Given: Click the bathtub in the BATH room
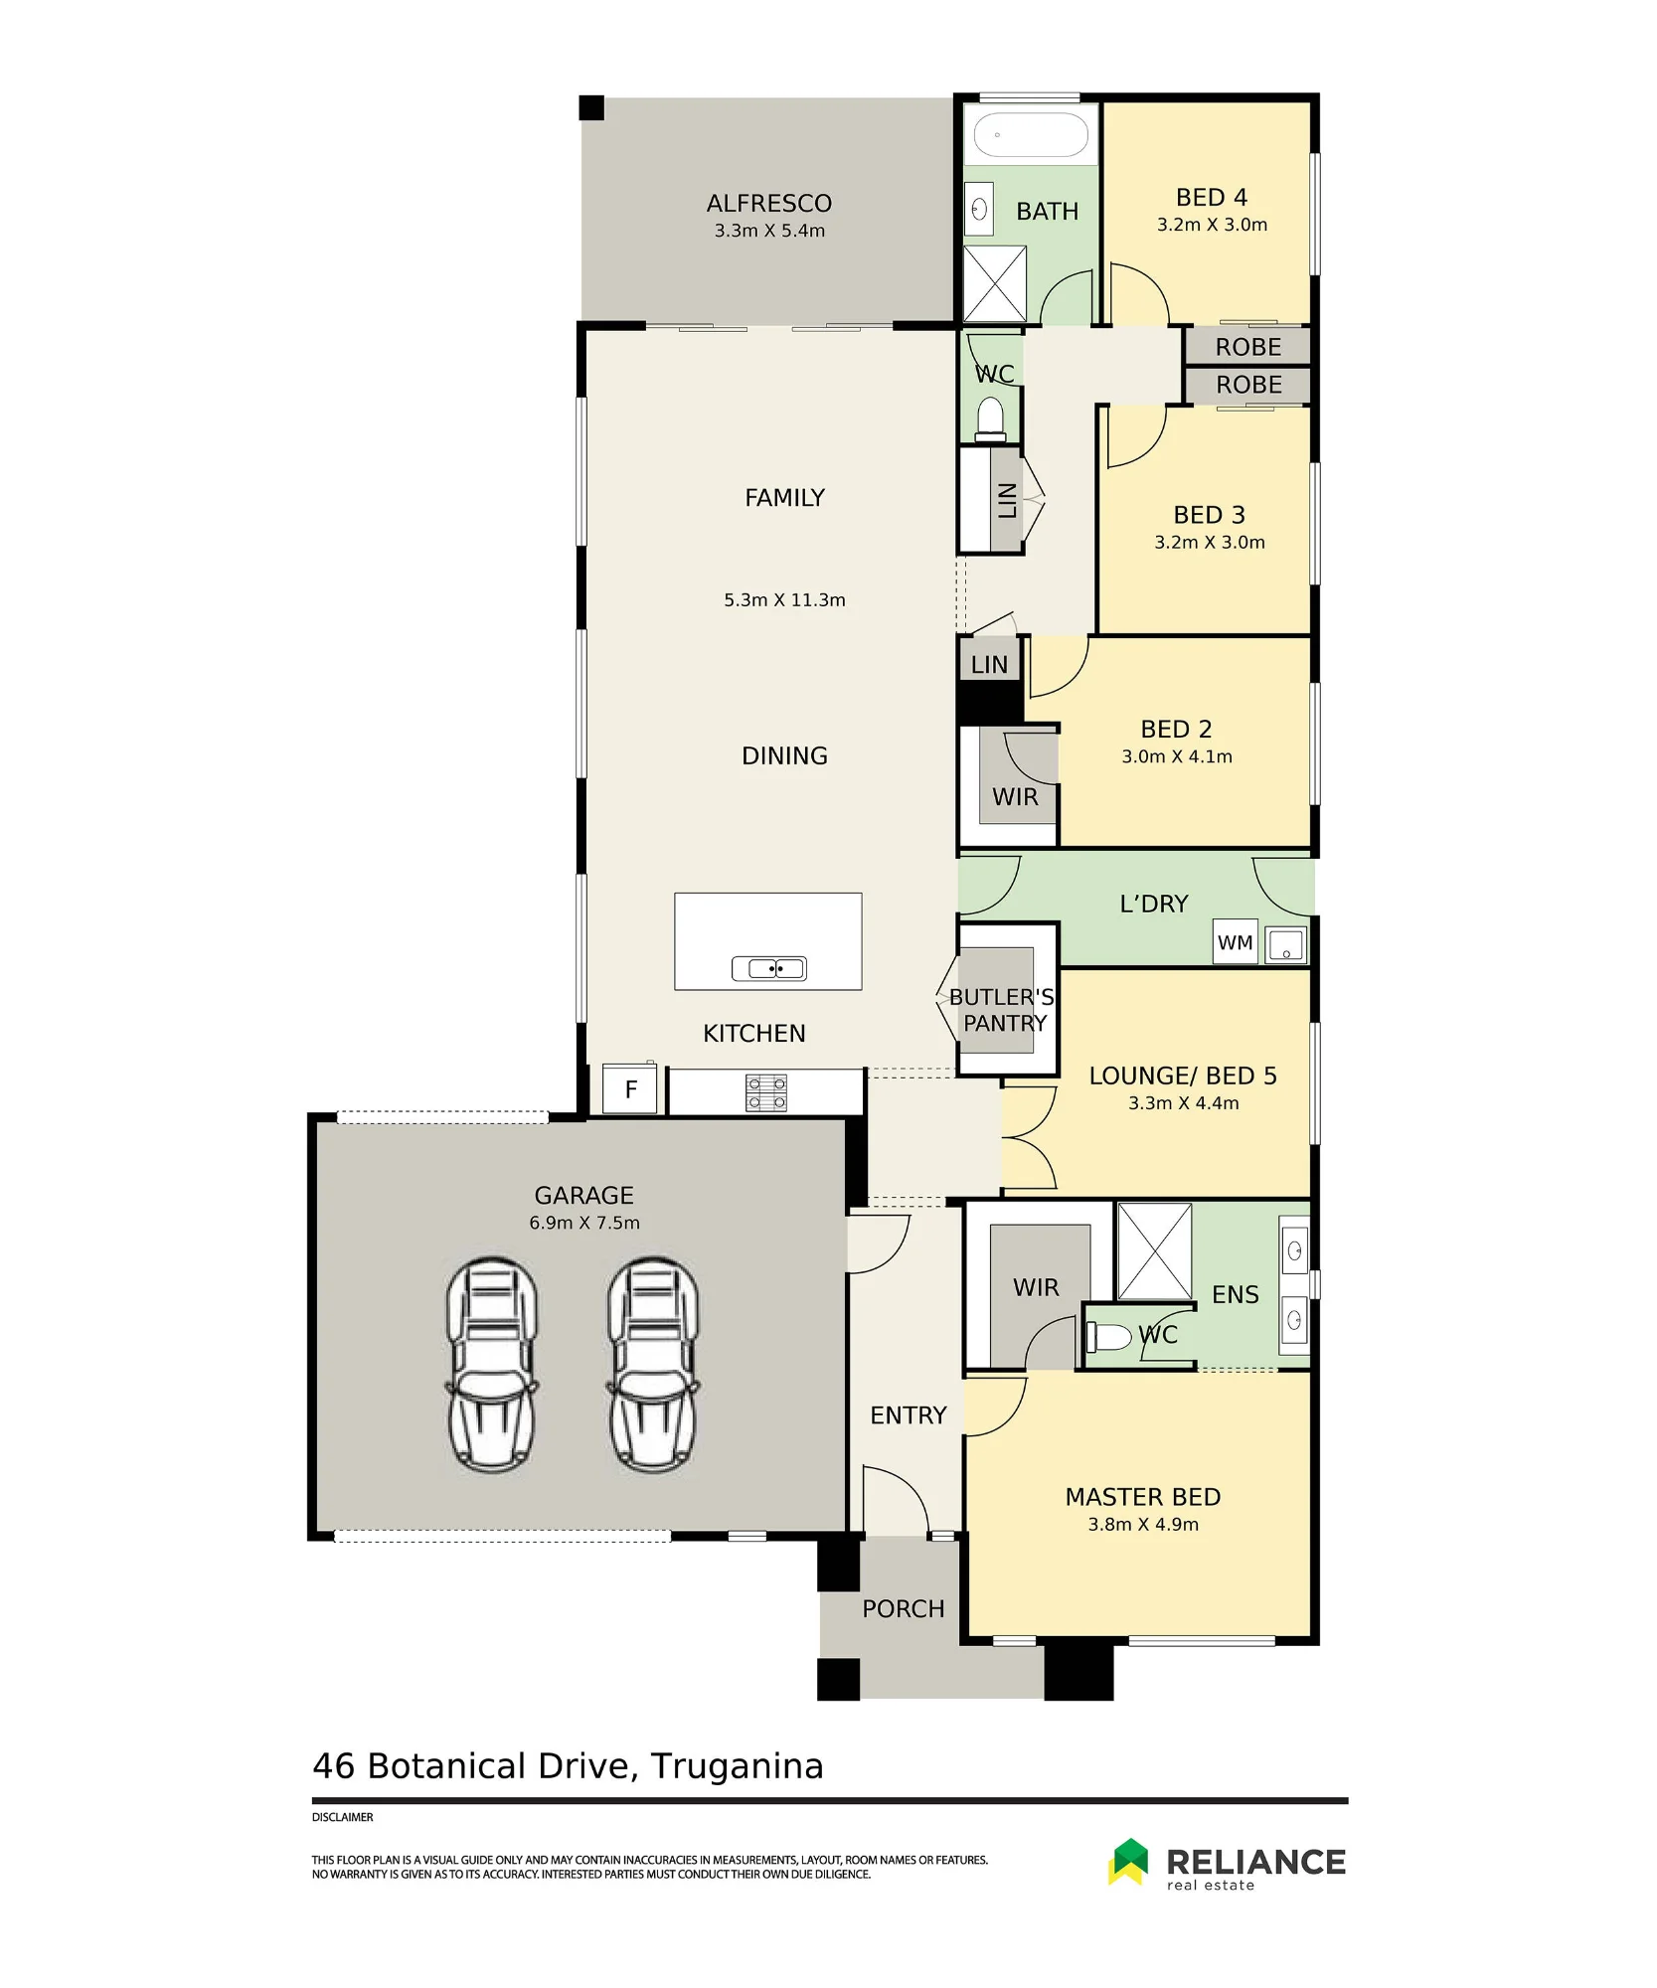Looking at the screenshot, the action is point(1030,134).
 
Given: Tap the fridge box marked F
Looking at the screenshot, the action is point(630,1089).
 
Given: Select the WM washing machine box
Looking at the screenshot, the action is point(1235,942).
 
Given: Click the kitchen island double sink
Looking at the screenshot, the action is point(768,968).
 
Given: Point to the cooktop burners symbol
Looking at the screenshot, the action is point(766,1092).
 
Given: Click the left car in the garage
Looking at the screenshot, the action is point(492,1364).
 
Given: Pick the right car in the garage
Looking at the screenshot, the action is point(653,1364).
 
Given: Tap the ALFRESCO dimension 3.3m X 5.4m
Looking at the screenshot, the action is point(769,231).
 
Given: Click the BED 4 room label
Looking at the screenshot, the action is point(1212,198).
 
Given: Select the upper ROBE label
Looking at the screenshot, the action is point(1248,347).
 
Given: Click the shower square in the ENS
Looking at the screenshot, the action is point(1154,1251).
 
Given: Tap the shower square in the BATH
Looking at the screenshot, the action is point(995,283).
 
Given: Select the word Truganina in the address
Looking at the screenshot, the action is point(738,1766).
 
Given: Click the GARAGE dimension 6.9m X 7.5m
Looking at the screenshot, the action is point(584,1223).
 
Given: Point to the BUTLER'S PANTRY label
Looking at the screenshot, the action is point(1002,1010).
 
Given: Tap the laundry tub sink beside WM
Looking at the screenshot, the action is point(1285,944).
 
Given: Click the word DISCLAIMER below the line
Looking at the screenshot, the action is point(343,1817).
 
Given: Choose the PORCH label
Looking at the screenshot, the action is point(904,1608).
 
